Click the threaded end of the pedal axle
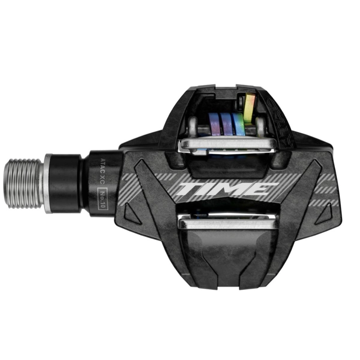(29, 183)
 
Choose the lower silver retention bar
(228, 224)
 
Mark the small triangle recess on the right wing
(325, 214)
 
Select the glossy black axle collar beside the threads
(64, 184)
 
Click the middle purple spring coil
(226, 124)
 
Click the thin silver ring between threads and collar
(47, 183)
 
